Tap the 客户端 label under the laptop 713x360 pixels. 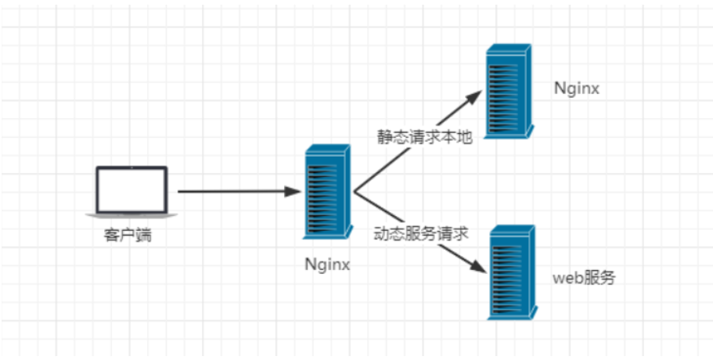[x=127, y=234]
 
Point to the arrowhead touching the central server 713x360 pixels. [x=293, y=191]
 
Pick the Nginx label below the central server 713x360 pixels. [x=327, y=265]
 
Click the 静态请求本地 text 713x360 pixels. [x=423, y=137]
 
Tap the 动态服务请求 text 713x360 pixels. [x=423, y=233]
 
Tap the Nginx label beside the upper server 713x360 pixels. [x=576, y=88]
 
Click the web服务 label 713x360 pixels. [x=584, y=278]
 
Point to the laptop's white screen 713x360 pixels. [x=131, y=188]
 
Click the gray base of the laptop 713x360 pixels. [x=131, y=214]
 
